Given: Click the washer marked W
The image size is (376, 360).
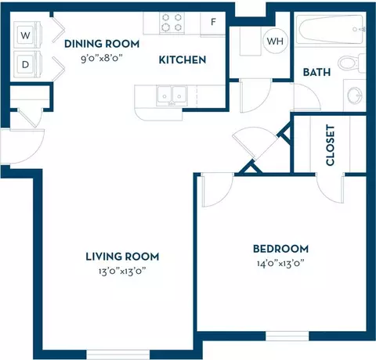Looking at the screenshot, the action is (x=27, y=34).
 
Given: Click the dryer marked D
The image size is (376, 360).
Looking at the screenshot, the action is (x=27, y=64).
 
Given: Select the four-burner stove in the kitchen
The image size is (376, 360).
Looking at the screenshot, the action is (x=172, y=23).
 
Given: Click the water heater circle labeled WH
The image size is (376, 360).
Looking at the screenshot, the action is (x=276, y=41).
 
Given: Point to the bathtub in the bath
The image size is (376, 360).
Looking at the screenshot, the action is (x=331, y=29).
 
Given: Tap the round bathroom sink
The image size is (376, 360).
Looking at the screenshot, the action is (x=355, y=95).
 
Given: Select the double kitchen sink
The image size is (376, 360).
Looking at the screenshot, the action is (x=172, y=95).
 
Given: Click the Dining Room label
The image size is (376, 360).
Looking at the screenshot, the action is (x=102, y=44).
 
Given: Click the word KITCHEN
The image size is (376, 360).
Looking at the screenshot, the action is (x=183, y=60).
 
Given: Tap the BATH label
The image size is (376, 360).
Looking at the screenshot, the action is (x=316, y=72).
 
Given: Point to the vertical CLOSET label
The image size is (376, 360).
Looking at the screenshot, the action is (x=330, y=145).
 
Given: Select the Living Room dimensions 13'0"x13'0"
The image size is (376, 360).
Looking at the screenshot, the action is (x=122, y=271).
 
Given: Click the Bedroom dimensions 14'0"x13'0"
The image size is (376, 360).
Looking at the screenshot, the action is (x=280, y=263).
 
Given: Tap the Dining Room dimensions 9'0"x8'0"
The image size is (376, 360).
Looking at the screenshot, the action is (x=102, y=58).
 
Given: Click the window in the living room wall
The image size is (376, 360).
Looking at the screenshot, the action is (x=118, y=355).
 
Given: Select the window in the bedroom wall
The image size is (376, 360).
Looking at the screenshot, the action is (x=287, y=336).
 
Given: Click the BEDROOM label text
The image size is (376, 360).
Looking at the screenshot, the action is (x=280, y=249).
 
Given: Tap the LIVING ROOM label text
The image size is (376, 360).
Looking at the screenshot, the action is (x=122, y=257).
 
